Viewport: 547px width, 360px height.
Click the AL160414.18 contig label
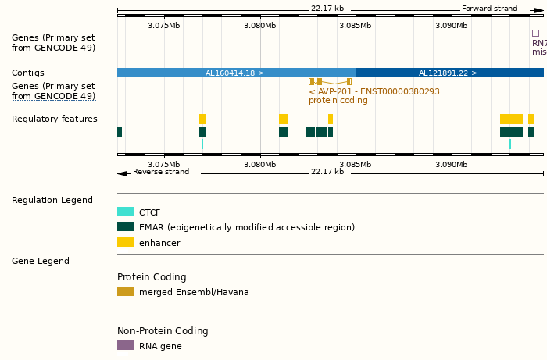234,73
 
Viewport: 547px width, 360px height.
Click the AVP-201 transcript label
374,91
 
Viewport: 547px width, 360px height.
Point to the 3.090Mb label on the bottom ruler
451,164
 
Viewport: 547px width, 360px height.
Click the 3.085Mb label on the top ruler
355,25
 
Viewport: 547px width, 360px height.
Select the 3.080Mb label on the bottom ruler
259,164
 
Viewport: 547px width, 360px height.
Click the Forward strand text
489,9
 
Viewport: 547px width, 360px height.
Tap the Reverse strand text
160,172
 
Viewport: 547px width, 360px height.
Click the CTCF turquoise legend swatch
125,212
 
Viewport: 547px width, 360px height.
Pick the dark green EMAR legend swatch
125,227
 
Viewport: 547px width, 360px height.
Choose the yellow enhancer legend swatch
125,243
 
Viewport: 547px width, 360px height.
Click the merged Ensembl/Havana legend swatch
125,292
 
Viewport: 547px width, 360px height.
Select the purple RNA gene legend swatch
125,345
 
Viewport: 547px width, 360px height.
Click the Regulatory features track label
55,119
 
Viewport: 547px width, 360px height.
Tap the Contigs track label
28,72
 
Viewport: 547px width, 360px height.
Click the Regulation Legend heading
52,200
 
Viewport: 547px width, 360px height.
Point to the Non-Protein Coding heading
163,331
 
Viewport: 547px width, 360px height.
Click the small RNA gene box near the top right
535,34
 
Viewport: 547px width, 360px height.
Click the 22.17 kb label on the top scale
327,9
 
